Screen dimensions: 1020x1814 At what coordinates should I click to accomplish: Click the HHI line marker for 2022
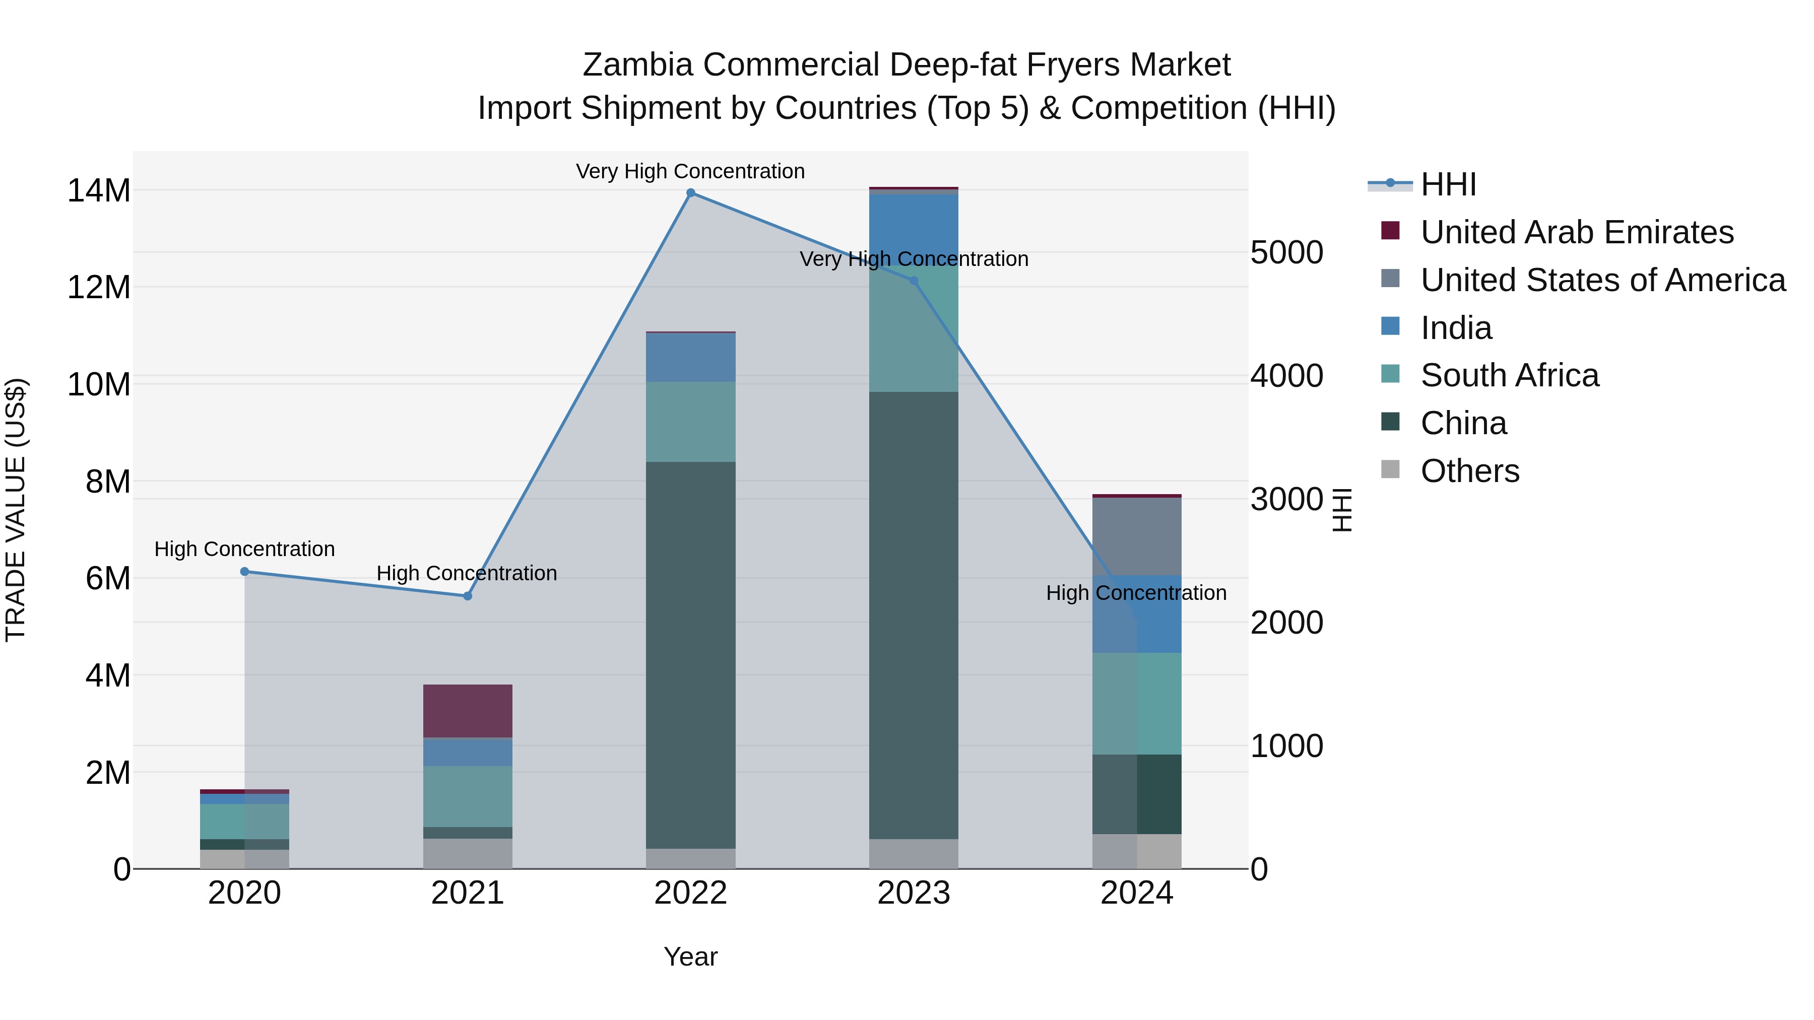pos(690,193)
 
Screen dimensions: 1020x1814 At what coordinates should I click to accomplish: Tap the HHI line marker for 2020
pos(244,572)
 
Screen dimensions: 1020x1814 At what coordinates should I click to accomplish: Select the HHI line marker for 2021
pos(468,596)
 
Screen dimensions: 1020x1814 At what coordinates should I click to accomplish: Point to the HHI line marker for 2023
pos(914,281)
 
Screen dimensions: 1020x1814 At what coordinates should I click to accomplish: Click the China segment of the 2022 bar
pos(690,655)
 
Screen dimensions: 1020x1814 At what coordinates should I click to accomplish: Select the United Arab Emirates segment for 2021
pos(468,711)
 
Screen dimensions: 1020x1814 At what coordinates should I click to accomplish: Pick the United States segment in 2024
pos(1137,536)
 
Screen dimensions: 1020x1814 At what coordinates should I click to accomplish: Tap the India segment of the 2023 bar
pos(914,225)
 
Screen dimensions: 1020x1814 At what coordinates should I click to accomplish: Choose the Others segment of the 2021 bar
pos(468,853)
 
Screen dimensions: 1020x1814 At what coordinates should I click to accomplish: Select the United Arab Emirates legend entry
pos(1577,232)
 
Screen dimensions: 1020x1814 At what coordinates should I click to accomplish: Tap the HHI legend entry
pos(1448,184)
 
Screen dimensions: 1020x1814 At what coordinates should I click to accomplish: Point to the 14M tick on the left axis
pos(99,191)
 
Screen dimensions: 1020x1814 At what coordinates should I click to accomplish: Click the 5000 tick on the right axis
pos(1286,253)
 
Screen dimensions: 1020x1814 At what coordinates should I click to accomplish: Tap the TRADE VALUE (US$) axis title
pos(16,510)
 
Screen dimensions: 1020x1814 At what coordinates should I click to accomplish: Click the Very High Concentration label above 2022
pos(690,172)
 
